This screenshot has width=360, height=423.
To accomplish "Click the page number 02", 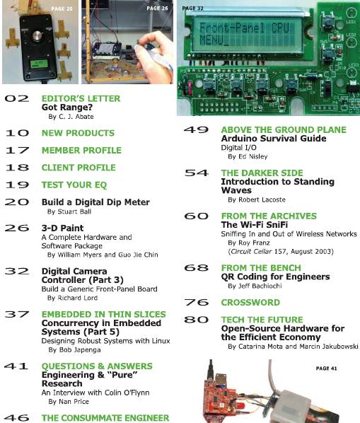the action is pos(17,98).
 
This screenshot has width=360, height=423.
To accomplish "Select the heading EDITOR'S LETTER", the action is pos(81,98).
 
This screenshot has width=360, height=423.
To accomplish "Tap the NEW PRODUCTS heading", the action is pos(78,133).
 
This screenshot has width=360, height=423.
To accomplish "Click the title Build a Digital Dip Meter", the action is pos(95,202).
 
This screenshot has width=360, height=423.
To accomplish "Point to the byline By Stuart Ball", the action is pos(69,211).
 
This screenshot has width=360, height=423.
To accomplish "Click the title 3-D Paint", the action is pos(62,228).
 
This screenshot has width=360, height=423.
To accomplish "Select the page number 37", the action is pos(17,314).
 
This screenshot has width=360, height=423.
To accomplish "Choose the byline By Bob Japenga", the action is pos(74,350).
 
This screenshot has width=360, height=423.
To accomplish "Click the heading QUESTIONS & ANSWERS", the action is pos(97,366).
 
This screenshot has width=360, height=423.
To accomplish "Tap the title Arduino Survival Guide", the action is pos(274,139).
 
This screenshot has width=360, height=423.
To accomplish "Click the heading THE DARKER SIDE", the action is pos(262,173).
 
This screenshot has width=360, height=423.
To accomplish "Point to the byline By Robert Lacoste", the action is pos(257,199).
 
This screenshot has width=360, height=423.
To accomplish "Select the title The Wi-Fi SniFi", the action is pos(255,225).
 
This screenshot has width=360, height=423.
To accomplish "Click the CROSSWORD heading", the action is pos(250,303).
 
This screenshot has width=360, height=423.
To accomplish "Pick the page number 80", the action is pos(196,320).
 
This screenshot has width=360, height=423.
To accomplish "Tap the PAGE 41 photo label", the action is pos(326,369).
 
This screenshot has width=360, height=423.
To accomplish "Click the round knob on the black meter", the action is pos(37,35).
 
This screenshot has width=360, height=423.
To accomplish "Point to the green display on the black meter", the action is pos(39,64).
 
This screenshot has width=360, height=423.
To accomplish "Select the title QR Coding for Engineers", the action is pos(275,277).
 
